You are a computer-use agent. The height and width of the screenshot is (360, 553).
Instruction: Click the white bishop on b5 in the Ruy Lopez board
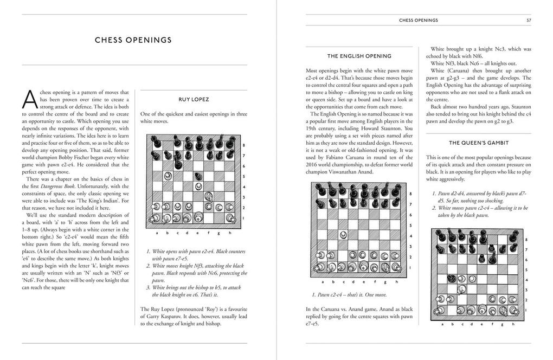168,176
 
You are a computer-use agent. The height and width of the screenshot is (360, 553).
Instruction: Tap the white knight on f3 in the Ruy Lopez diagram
209,196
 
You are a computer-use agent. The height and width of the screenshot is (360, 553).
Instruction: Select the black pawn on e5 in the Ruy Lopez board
198,176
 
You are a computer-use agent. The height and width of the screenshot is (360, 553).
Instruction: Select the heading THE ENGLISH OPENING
359,56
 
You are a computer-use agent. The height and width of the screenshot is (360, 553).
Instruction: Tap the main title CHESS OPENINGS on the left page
133,40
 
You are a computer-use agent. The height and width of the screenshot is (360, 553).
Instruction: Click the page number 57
528,21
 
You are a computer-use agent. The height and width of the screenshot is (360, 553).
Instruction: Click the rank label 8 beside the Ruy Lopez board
243,145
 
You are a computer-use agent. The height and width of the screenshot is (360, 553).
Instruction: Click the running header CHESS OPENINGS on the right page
418,21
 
